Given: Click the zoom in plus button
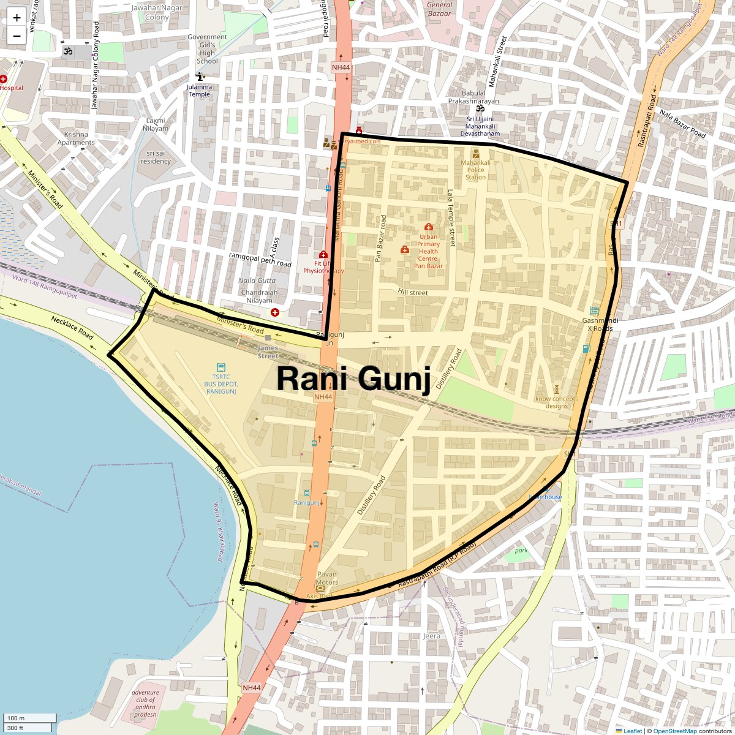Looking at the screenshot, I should (x=17, y=17).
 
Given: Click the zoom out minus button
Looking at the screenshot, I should (x=17, y=36).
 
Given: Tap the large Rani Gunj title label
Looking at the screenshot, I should (x=353, y=379).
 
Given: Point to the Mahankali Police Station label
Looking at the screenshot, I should (x=475, y=170).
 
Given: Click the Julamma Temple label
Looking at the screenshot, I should (x=200, y=91).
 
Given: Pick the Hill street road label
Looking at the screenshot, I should (x=413, y=292).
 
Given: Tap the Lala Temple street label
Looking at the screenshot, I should (x=451, y=217).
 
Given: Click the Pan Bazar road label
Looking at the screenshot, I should (x=380, y=239).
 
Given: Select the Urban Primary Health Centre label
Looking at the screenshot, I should (x=429, y=251).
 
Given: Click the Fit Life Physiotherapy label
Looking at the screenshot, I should (x=323, y=267).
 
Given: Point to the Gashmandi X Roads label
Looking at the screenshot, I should (x=600, y=325).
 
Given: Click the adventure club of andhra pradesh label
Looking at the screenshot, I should (x=145, y=703).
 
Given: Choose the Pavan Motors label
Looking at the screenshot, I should (x=327, y=578).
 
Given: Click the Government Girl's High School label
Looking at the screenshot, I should (x=207, y=49).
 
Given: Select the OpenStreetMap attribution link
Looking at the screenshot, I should (x=675, y=731).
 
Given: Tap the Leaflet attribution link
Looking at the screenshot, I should (x=633, y=731).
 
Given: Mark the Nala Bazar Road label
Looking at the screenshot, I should (x=683, y=124).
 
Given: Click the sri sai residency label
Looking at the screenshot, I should (x=156, y=157).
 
